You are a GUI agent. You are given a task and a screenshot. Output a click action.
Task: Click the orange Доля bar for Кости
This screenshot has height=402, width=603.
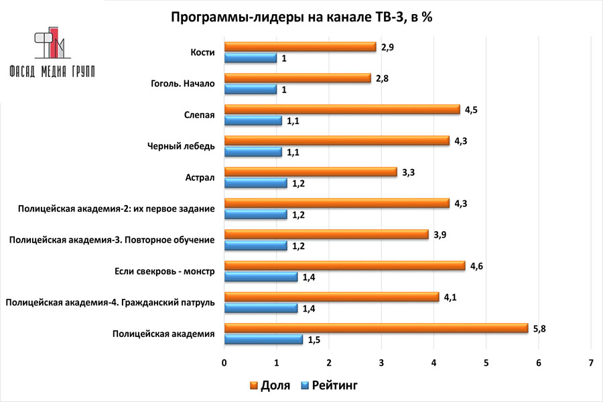pyautogui.click(x=299, y=47)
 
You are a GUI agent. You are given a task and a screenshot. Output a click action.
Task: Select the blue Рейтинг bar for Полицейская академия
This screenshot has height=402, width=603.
pyautogui.click(x=263, y=340)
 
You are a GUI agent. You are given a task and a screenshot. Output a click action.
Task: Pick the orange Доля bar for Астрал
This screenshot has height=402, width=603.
pyautogui.click(x=310, y=172)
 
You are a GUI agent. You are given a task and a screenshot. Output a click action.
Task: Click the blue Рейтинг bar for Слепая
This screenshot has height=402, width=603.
pyautogui.click(x=253, y=121)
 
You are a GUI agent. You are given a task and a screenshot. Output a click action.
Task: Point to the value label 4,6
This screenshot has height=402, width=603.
pyautogui.click(x=477, y=266)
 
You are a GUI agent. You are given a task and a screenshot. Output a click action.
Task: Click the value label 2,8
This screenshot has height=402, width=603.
pyautogui.click(x=383, y=78)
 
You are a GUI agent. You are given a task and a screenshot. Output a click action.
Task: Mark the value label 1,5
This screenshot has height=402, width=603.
pyautogui.click(x=314, y=340)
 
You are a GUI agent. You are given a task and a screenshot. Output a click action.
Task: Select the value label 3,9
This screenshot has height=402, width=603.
pyautogui.click(x=440, y=234)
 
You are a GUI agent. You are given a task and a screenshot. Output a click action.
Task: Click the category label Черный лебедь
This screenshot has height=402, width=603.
pyautogui.click(x=180, y=146)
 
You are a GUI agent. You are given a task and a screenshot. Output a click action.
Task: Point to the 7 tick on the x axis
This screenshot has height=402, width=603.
pyautogui.click(x=590, y=362)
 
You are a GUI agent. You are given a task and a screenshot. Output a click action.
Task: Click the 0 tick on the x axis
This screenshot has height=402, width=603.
pyautogui.click(x=224, y=362)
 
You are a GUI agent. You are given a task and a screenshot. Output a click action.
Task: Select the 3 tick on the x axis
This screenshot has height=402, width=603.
pyautogui.click(x=381, y=362)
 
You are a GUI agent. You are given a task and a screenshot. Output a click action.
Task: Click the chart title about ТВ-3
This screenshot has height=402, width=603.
pyautogui.click(x=301, y=17)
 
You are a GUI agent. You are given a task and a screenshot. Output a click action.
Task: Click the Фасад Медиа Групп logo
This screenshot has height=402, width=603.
pyautogui.click(x=51, y=54)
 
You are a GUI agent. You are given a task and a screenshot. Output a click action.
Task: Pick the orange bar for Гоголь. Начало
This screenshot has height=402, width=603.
pyautogui.click(x=297, y=78)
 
